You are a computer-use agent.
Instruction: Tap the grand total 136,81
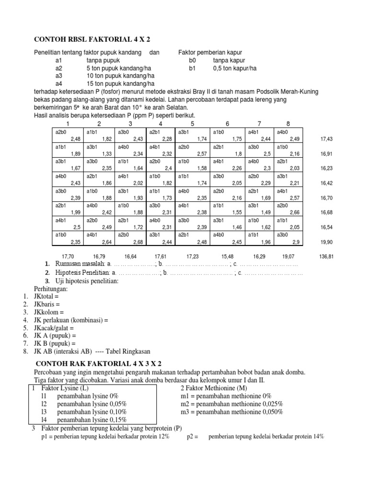326,257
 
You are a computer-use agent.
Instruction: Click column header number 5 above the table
192,124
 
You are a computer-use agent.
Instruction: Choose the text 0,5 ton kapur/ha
235,68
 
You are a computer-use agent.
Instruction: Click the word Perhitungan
50,289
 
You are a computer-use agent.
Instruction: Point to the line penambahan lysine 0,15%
92,419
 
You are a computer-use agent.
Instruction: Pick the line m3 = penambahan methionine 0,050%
231,411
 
